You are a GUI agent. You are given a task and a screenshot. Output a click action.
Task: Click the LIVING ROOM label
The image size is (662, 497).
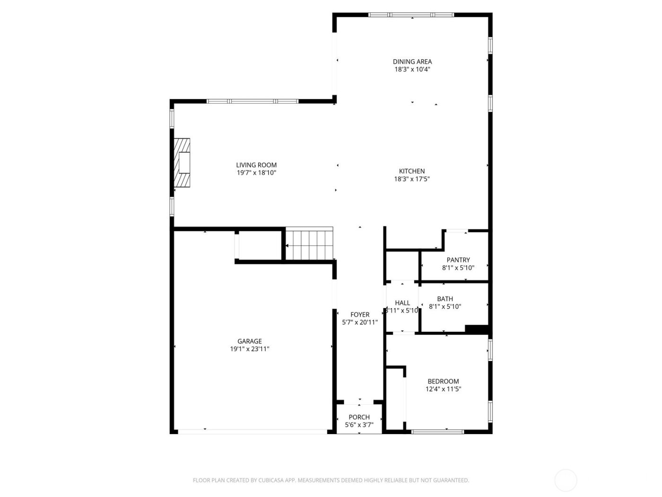pyautogui.click(x=256, y=165)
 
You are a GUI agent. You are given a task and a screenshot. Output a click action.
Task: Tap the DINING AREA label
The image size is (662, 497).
pyautogui.click(x=412, y=62)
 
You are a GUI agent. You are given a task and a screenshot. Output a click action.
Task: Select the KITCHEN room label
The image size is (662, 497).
pyautogui.click(x=412, y=171)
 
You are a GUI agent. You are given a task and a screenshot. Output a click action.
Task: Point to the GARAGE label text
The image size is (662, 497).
pyautogui.click(x=249, y=341)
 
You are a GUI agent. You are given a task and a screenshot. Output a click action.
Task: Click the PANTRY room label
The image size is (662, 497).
pyautogui.click(x=458, y=260)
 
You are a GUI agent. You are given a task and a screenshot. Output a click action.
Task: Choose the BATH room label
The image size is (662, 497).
pyautogui.click(x=445, y=299)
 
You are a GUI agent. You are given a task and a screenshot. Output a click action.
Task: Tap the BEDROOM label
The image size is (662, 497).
pyautogui.click(x=443, y=382)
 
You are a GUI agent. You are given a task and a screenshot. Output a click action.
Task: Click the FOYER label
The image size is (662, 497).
pyautogui.click(x=360, y=315)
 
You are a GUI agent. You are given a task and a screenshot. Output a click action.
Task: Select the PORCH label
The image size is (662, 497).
pyautogui.click(x=359, y=417)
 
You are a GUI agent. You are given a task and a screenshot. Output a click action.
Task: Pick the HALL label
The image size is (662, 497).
pyautogui.click(x=402, y=303)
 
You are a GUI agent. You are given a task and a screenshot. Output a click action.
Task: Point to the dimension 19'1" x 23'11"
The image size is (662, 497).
pyautogui.click(x=250, y=349)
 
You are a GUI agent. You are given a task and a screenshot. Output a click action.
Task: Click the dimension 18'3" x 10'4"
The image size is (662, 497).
pyautogui.click(x=412, y=70)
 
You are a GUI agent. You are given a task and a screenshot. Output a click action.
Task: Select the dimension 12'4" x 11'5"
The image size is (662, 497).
pyautogui.click(x=443, y=390)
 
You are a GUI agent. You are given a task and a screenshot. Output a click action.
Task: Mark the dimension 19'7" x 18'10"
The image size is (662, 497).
pyautogui.click(x=256, y=173)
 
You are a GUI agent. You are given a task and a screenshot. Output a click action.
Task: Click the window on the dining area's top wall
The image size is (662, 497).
pyautogui.click(x=411, y=15)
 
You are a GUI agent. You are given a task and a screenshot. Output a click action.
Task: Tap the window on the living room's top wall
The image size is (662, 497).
pyautogui.click(x=253, y=101)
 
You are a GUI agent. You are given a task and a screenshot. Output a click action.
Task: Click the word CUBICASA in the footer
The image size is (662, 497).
pyautogui.click(x=271, y=480)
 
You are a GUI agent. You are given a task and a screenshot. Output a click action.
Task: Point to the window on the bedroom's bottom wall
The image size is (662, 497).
pyautogui.click(x=437, y=432)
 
